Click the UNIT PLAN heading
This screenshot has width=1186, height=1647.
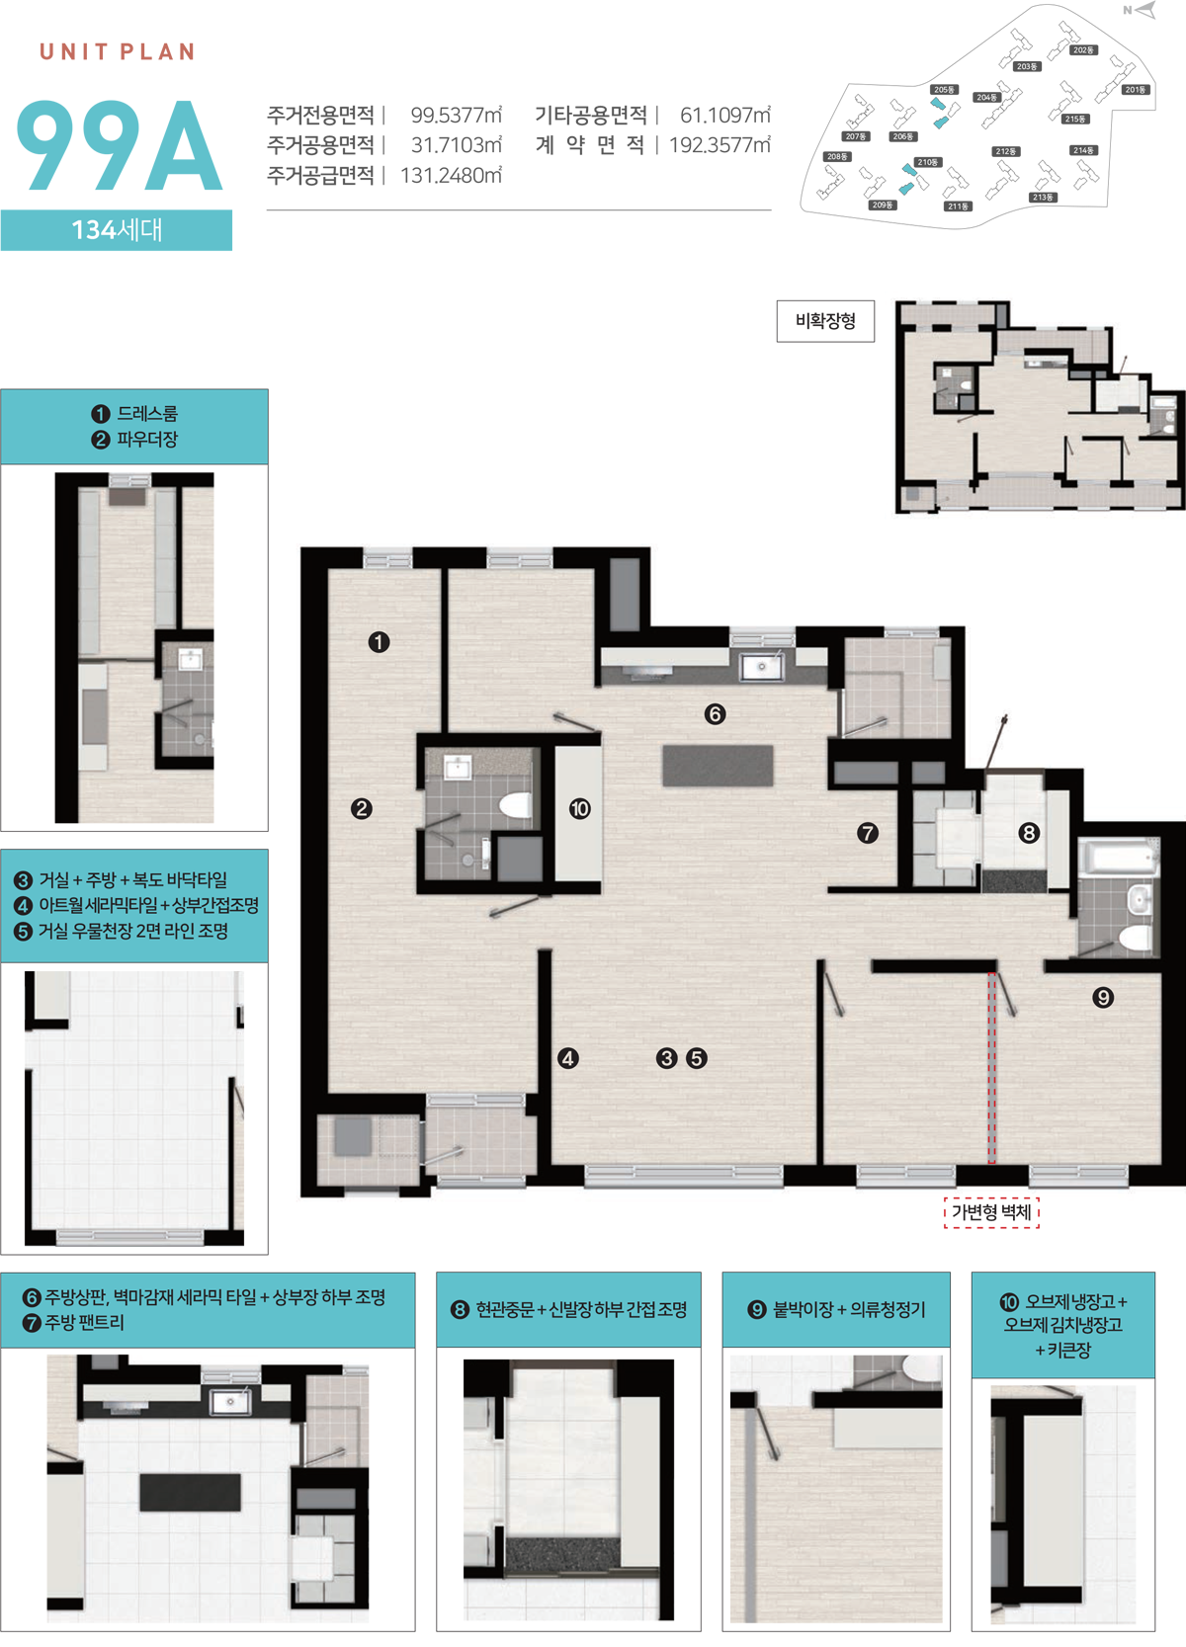[117, 51]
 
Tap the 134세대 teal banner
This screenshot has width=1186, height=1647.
[117, 230]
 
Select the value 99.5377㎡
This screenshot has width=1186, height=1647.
[457, 116]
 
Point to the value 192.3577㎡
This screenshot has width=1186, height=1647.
[720, 145]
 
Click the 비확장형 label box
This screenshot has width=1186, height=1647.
[825, 321]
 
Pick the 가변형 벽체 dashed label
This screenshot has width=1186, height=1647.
[991, 1212]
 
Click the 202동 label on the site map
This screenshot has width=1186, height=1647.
[1084, 50]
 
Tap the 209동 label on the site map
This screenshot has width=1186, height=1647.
[882, 205]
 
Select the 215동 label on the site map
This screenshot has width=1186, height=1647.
[1075, 119]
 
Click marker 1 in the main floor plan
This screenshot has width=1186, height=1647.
[379, 642]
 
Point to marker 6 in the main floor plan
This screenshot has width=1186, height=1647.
[715, 714]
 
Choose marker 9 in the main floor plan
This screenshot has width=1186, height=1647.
[1102, 997]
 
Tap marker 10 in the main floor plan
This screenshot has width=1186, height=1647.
[580, 809]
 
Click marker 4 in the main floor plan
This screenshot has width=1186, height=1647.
[568, 1058]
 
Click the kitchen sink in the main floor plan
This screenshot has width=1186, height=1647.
[761, 666]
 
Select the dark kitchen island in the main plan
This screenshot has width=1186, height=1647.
[718, 766]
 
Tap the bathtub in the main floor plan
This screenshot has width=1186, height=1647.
[1119, 858]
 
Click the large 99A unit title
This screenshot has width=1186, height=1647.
[120, 145]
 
